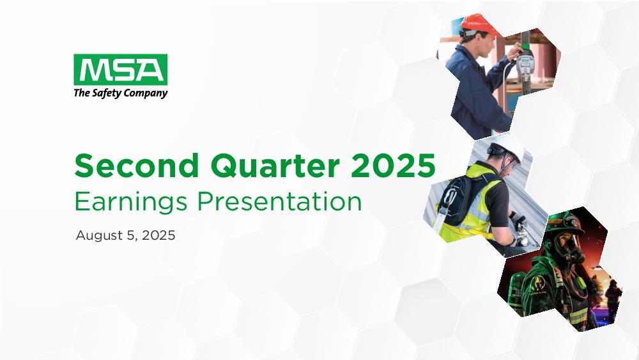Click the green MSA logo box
coord(121,69)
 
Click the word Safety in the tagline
coord(106,93)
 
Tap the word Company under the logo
coord(146,93)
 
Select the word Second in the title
coord(137,166)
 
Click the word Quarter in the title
coord(275,166)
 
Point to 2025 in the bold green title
coord(393,166)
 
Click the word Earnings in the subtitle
coord(131,202)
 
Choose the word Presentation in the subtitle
coord(279,201)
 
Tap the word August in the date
coord(99,236)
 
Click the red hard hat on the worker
coord(479,24)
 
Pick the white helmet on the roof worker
coord(508,146)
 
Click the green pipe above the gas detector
coord(526,40)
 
